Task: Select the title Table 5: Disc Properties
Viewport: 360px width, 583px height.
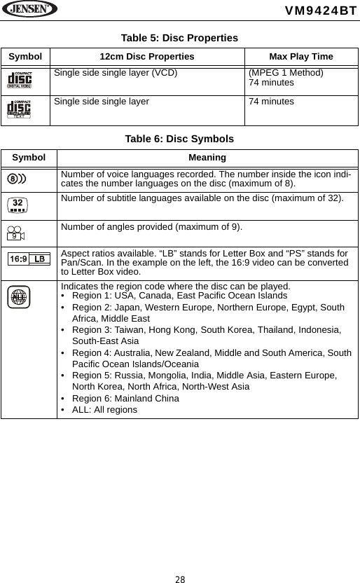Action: pyautogui.click(x=179, y=38)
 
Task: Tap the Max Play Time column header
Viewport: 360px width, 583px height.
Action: pyautogui.click(x=301, y=56)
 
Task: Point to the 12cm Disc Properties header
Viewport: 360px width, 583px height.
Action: pyautogui.click(x=147, y=56)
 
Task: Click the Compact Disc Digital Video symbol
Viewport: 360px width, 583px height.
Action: pyautogui.click(x=20, y=80)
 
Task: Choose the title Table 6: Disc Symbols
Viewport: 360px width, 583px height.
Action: pyautogui.click(x=179, y=139)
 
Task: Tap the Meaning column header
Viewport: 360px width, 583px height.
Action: pyautogui.click(x=207, y=158)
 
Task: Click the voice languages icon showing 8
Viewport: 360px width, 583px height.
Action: pyautogui.click(x=17, y=178)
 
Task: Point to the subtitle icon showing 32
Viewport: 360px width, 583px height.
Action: pyautogui.click(x=19, y=204)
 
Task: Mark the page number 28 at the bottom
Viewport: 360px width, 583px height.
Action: pyautogui.click(x=180, y=579)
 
